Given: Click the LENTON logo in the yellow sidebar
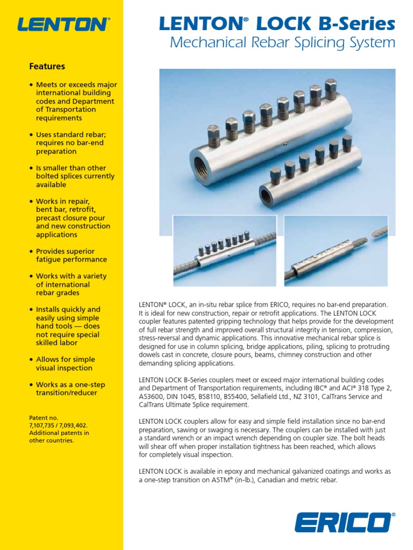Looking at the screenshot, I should [x=63, y=24].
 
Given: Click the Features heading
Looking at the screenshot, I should [x=47, y=67].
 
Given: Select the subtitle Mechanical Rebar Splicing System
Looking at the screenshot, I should [x=282, y=43].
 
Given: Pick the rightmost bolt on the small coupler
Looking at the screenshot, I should [x=347, y=143].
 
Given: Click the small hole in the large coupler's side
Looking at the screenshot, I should [x=286, y=143].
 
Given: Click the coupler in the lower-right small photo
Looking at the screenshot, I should [x=317, y=257].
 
